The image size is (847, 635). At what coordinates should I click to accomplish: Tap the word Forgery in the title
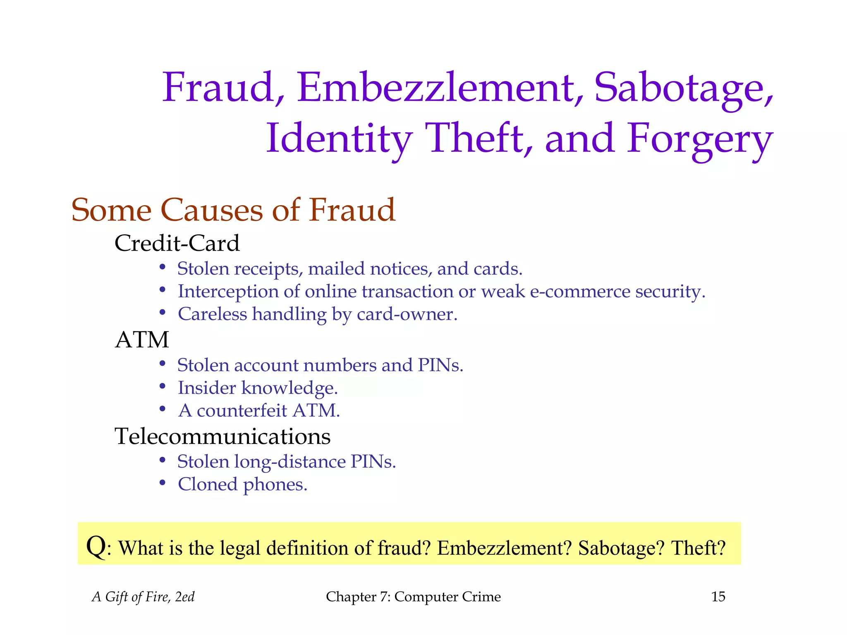[x=700, y=139]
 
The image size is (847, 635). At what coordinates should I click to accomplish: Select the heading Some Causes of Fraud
[x=233, y=210]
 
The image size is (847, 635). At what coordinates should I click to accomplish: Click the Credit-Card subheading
[x=177, y=243]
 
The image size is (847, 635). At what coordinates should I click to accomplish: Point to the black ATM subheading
[x=142, y=340]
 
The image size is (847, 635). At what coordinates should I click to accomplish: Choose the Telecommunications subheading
[x=223, y=436]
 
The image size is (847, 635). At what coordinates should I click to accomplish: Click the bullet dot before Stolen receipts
[x=163, y=267]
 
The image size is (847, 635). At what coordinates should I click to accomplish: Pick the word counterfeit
[x=242, y=411]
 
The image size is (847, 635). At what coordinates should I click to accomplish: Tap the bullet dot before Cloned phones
[x=163, y=483]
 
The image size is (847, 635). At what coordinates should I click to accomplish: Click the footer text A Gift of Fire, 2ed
[x=143, y=597]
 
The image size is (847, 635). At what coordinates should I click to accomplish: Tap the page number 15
[x=718, y=597]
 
